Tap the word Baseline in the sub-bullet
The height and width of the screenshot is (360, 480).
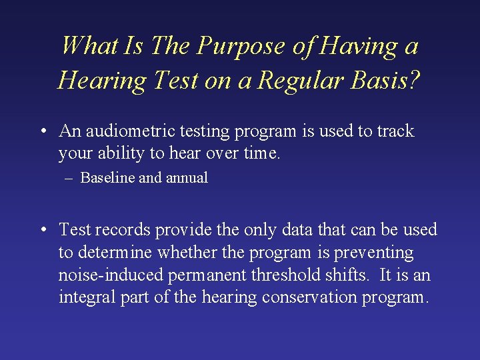coord(107,178)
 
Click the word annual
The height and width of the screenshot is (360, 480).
coord(185,178)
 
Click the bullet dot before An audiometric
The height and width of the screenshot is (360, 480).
coord(42,131)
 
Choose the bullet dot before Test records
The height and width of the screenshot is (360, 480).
coord(42,230)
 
